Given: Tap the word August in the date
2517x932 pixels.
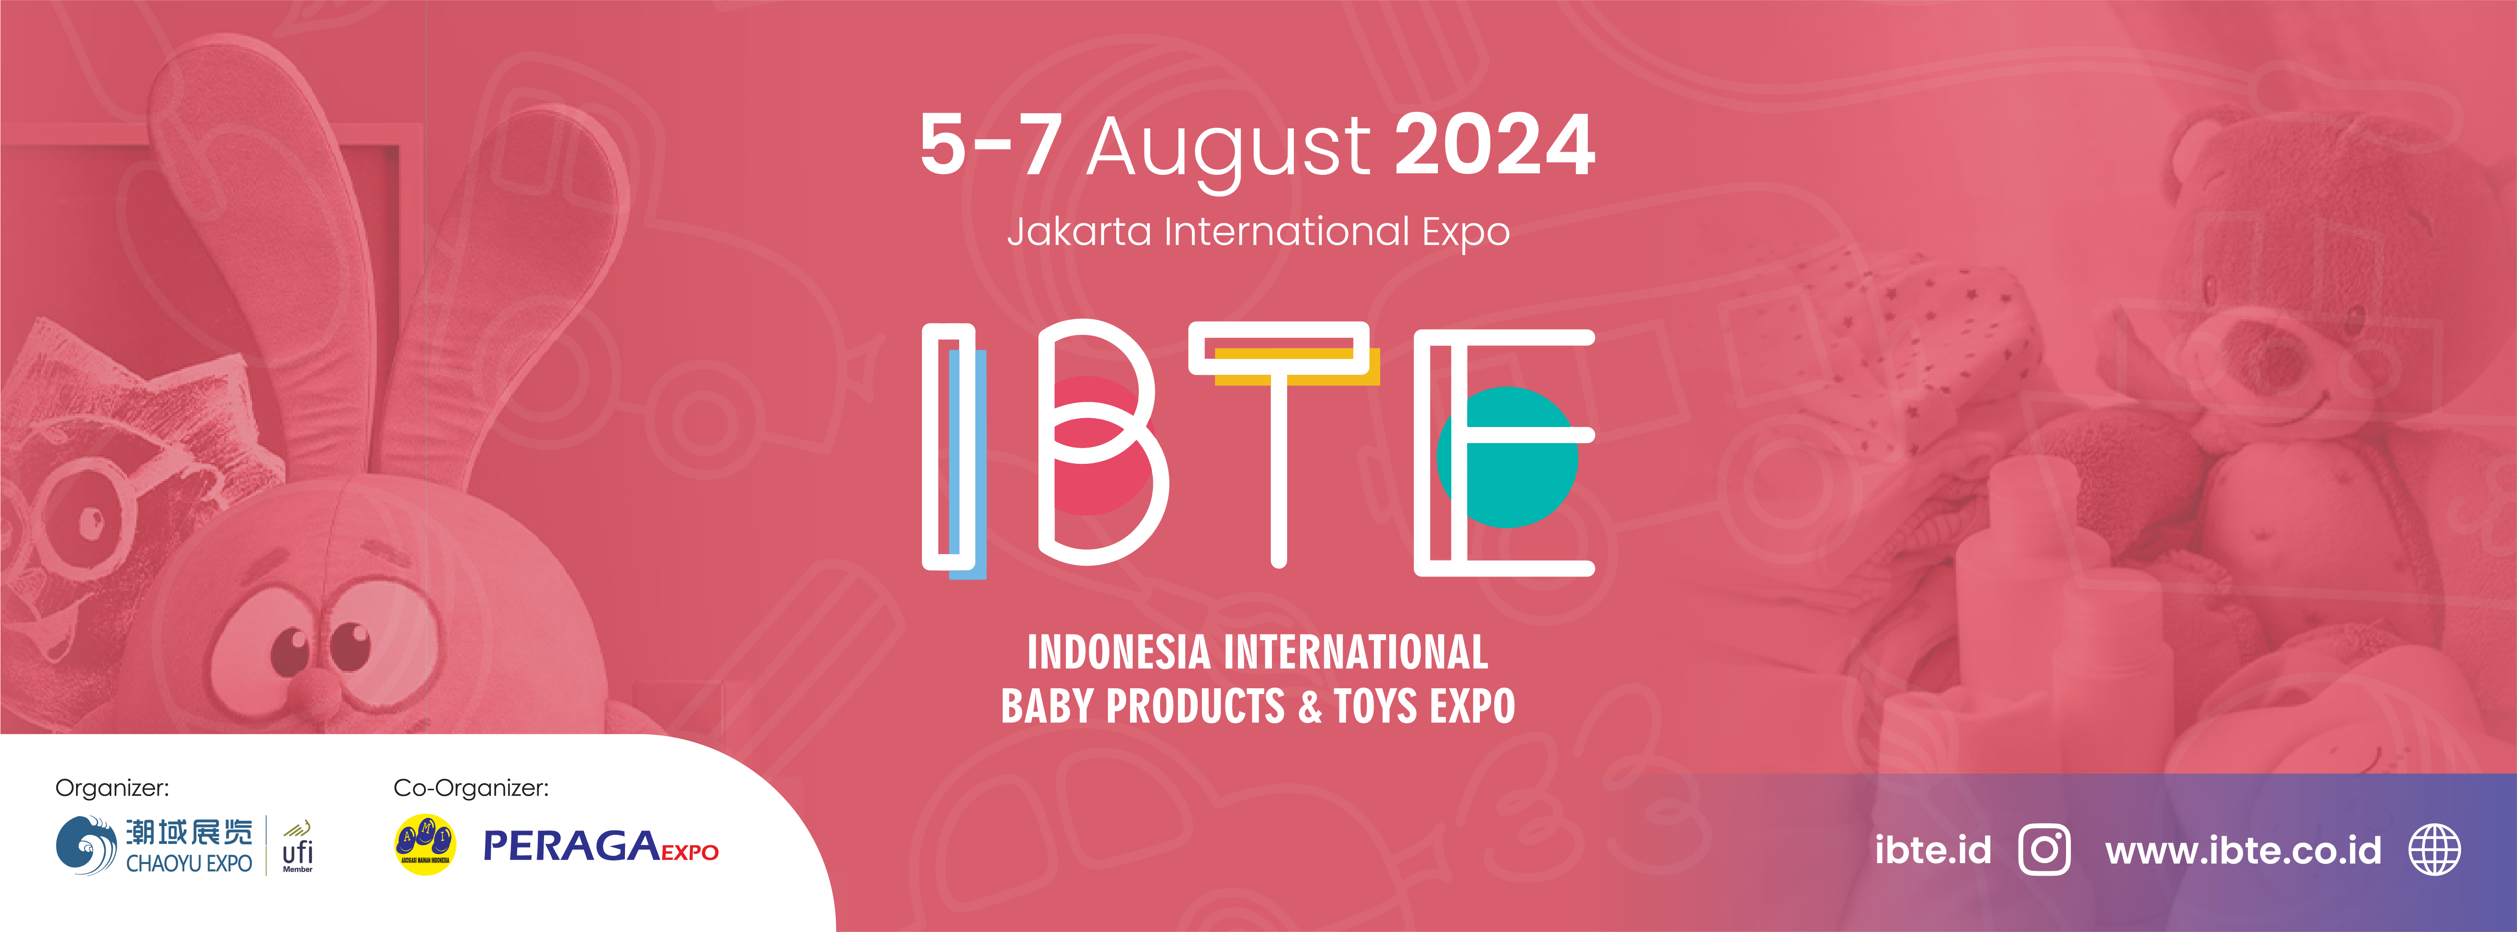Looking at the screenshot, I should click(1229, 152).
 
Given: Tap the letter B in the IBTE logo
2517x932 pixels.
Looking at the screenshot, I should click(1099, 445).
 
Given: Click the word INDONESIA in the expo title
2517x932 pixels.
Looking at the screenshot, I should click(1119, 652).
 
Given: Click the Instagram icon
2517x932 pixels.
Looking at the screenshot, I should click(2044, 850).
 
